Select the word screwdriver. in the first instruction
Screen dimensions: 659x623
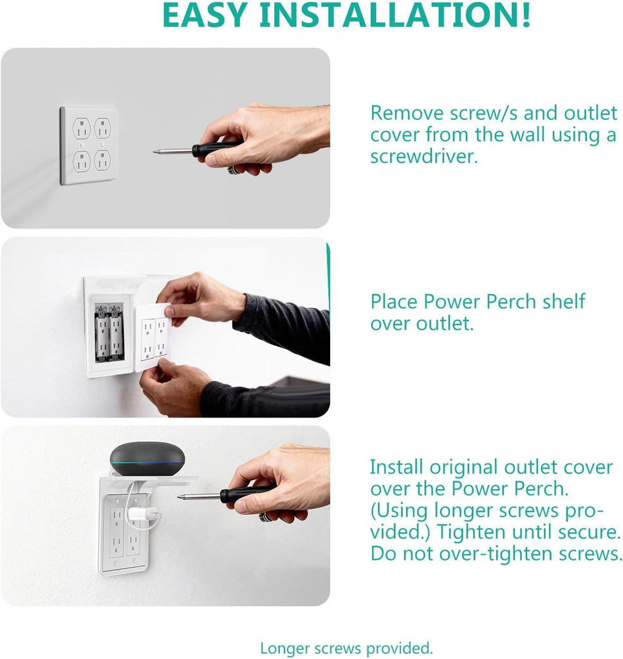pyautogui.click(x=423, y=156)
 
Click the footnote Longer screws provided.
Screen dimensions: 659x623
pyautogui.click(x=346, y=647)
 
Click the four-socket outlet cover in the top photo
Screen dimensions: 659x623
pyautogui.click(x=88, y=145)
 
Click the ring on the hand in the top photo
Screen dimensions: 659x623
pyautogui.click(x=233, y=169)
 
